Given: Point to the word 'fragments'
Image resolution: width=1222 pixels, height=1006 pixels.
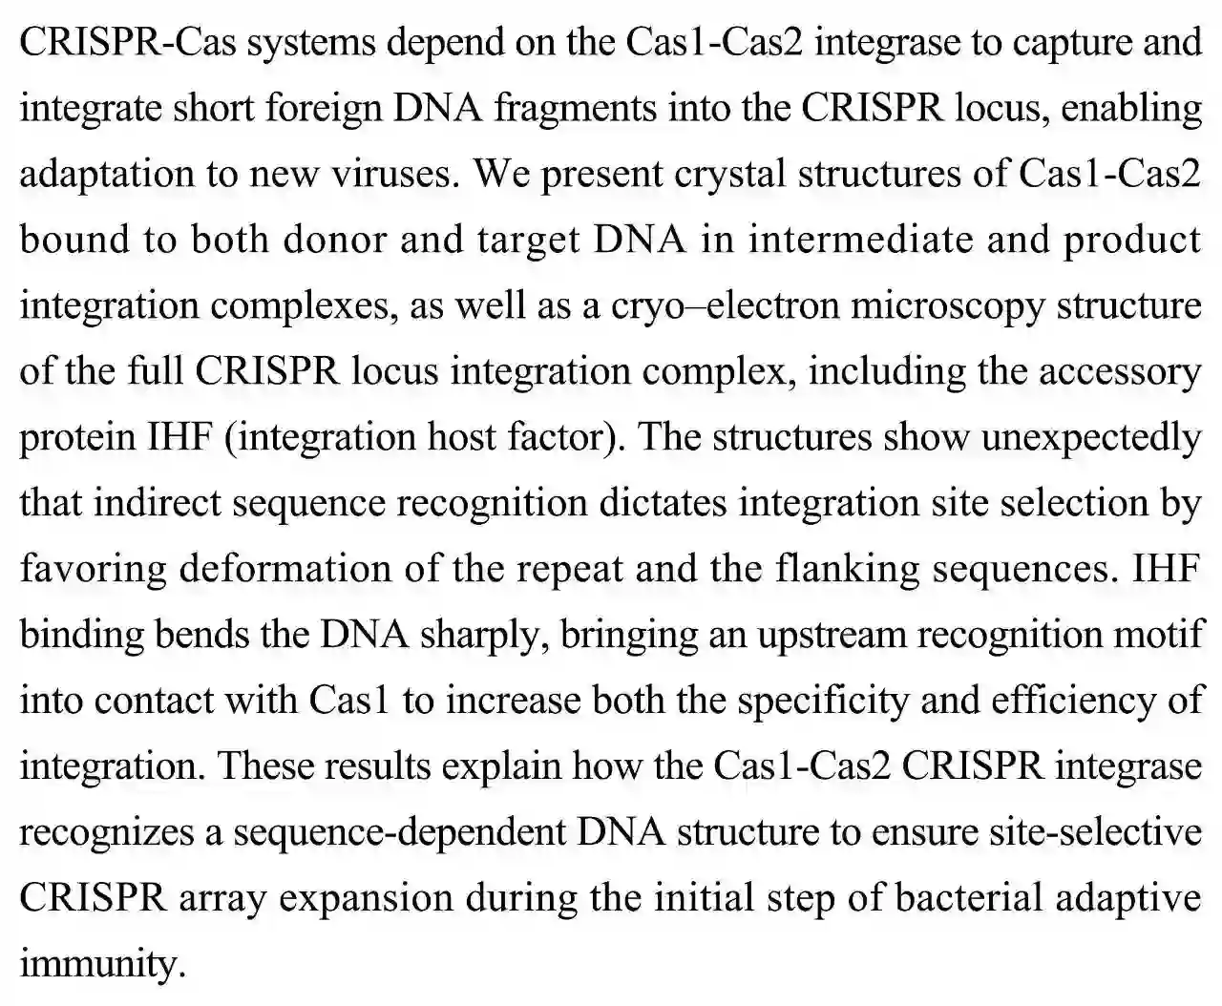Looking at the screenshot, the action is pos(575,109).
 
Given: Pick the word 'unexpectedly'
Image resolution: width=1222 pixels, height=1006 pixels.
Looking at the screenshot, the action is pos(1091,437).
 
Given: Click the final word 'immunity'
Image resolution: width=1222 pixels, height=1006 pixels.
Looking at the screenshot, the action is pos(100,964).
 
